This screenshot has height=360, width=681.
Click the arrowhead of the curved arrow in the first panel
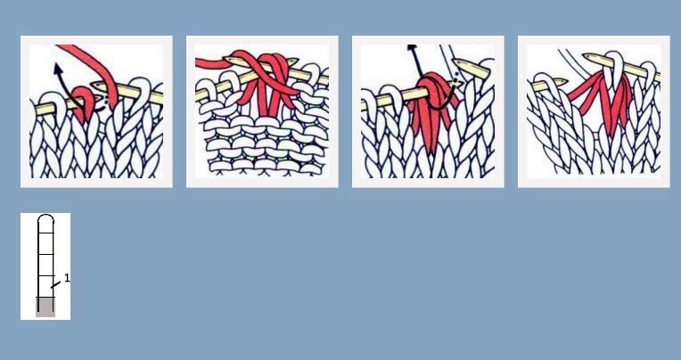57,68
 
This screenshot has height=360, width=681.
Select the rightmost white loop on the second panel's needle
314,72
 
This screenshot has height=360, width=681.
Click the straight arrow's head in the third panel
412,47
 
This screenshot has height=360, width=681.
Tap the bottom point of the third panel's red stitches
430,152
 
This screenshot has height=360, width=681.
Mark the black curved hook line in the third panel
442,94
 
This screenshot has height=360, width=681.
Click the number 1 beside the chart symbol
67,278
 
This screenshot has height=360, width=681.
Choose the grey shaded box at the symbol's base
45,307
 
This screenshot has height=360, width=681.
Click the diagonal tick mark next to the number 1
55,285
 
